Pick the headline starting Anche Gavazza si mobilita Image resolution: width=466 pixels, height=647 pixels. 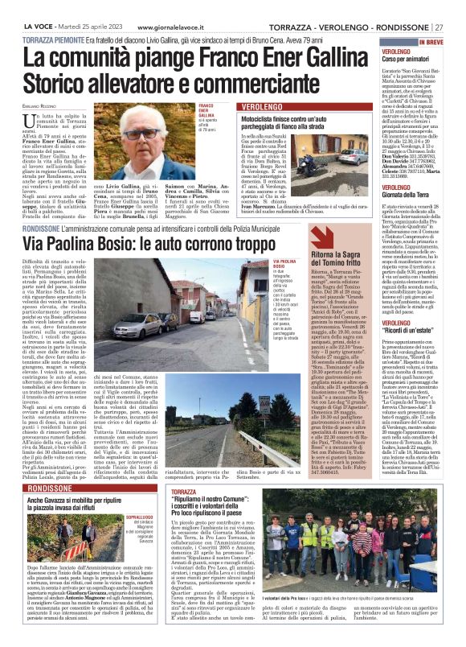[x=79, y=479]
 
